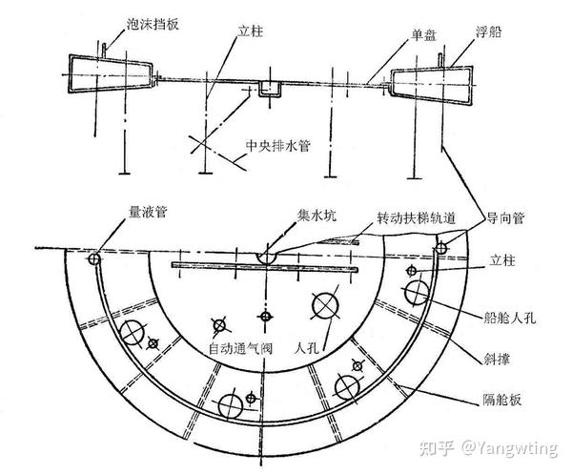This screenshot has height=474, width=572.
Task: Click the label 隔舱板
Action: coord(502,401)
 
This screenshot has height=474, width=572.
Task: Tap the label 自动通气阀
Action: coord(241,350)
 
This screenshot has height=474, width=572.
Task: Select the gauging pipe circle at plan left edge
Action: coord(94,258)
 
